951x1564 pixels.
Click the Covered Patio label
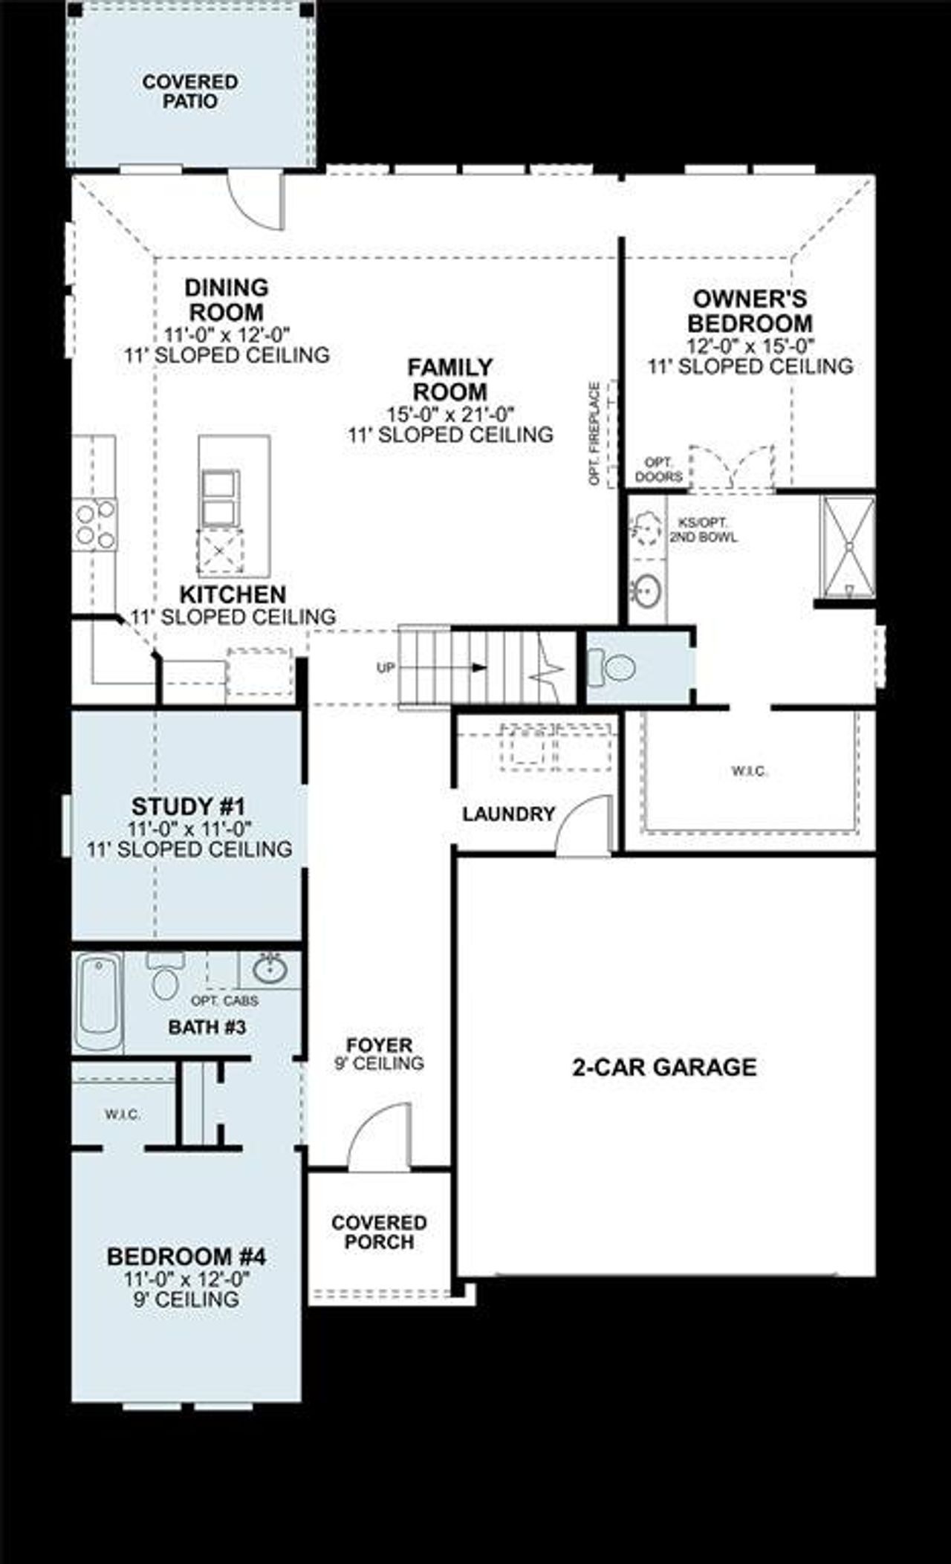[x=190, y=91]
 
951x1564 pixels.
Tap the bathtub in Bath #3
[x=98, y=1002]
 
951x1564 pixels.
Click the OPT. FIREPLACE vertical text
[x=594, y=434]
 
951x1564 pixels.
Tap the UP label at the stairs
[x=386, y=667]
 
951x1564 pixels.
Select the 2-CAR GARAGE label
[x=664, y=1067]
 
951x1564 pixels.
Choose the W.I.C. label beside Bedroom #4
[x=123, y=1114]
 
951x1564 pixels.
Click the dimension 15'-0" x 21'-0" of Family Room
[x=450, y=414]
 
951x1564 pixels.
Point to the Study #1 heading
[x=188, y=806]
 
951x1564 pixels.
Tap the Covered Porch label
[x=379, y=1232]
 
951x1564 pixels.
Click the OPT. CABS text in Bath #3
[x=224, y=1001]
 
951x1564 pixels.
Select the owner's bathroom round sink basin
[x=648, y=591]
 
